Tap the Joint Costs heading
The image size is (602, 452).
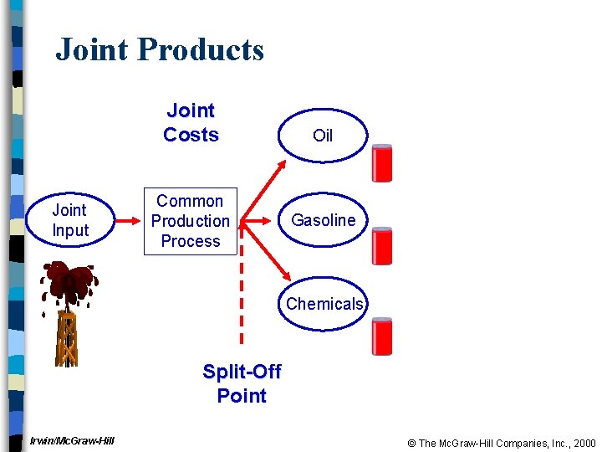pyautogui.click(x=191, y=123)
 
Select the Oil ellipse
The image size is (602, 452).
pyautogui.click(x=323, y=136)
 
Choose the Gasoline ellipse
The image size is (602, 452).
pyautogui.click(x=323, y=220)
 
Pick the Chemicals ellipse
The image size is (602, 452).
pyautogui.click(x=324, y=304)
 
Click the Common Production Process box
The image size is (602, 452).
pyautogui.click(x=191, y=221)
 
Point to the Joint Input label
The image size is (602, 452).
pyautogui.click(x=69, y=220)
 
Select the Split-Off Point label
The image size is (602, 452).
pyautogui.click(x=242, y=383)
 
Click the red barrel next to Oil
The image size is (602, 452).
pyautogui.click(x=382, y=163)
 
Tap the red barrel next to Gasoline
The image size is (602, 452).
pyautogui.click(x=382, y=246)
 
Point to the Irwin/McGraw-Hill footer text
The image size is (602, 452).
pyautogui.click(x=72, y=441)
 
